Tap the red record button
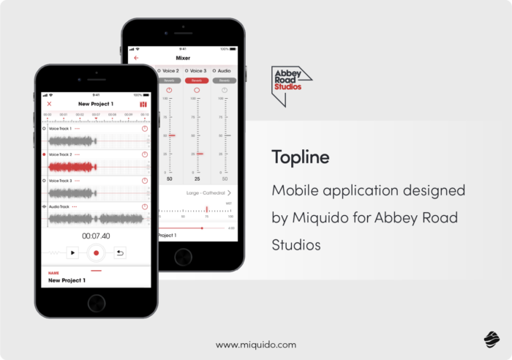[96, 252]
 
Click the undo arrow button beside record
[120, 252]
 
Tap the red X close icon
[49, 104]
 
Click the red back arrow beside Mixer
[136, 58]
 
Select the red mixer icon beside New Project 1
[143, 104]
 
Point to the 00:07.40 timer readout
[96, 236]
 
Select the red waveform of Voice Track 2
[72, 167]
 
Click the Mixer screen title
[183, 58]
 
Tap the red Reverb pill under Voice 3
[197, 80]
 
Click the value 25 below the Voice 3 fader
[197, 179]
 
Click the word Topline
[301, 157]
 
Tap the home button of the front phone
[96, 302]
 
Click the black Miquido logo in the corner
[491, 338]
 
